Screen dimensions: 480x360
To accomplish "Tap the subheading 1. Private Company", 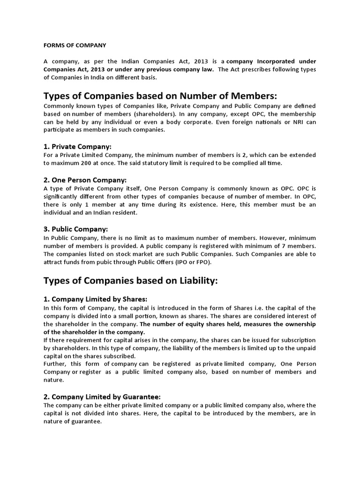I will [78, 146].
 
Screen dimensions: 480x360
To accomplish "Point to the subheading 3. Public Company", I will [76, 229].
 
